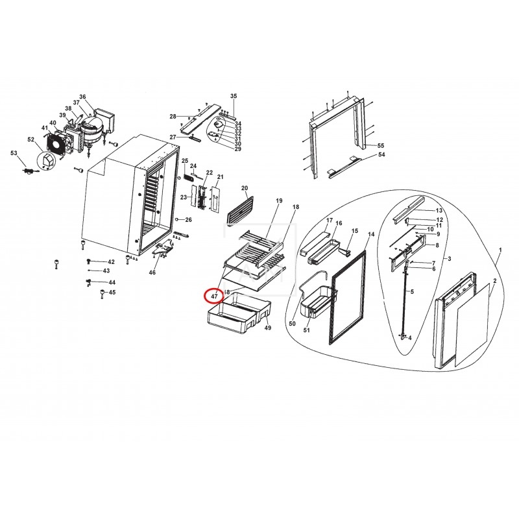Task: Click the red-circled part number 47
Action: click(213, 296)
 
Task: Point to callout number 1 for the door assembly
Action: click(500, 250)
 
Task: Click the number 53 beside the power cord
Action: click(14, 152)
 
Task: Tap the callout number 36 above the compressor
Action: click(82, 97)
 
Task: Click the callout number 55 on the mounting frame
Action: click(381, 145)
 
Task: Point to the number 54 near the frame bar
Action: click(381, 155)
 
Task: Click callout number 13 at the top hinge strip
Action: click(439, 211)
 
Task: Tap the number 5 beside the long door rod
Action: click(411, 292)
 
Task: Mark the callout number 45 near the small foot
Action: click(112, 293)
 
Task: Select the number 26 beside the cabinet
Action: click(188, 219)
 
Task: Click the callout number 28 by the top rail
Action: click(173, 116)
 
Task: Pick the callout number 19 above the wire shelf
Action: click(279, 201)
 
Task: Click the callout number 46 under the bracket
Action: click(152, 272)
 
